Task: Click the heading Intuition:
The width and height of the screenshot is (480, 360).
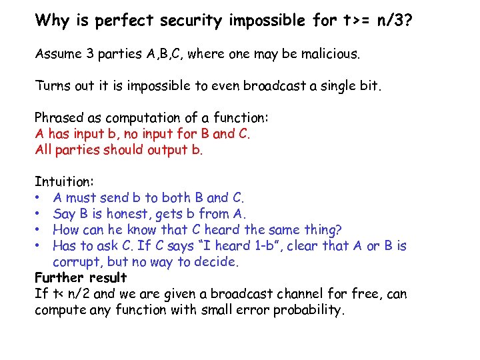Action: tap(65, 181)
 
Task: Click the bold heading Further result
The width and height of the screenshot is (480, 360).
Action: tap(81, 277)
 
